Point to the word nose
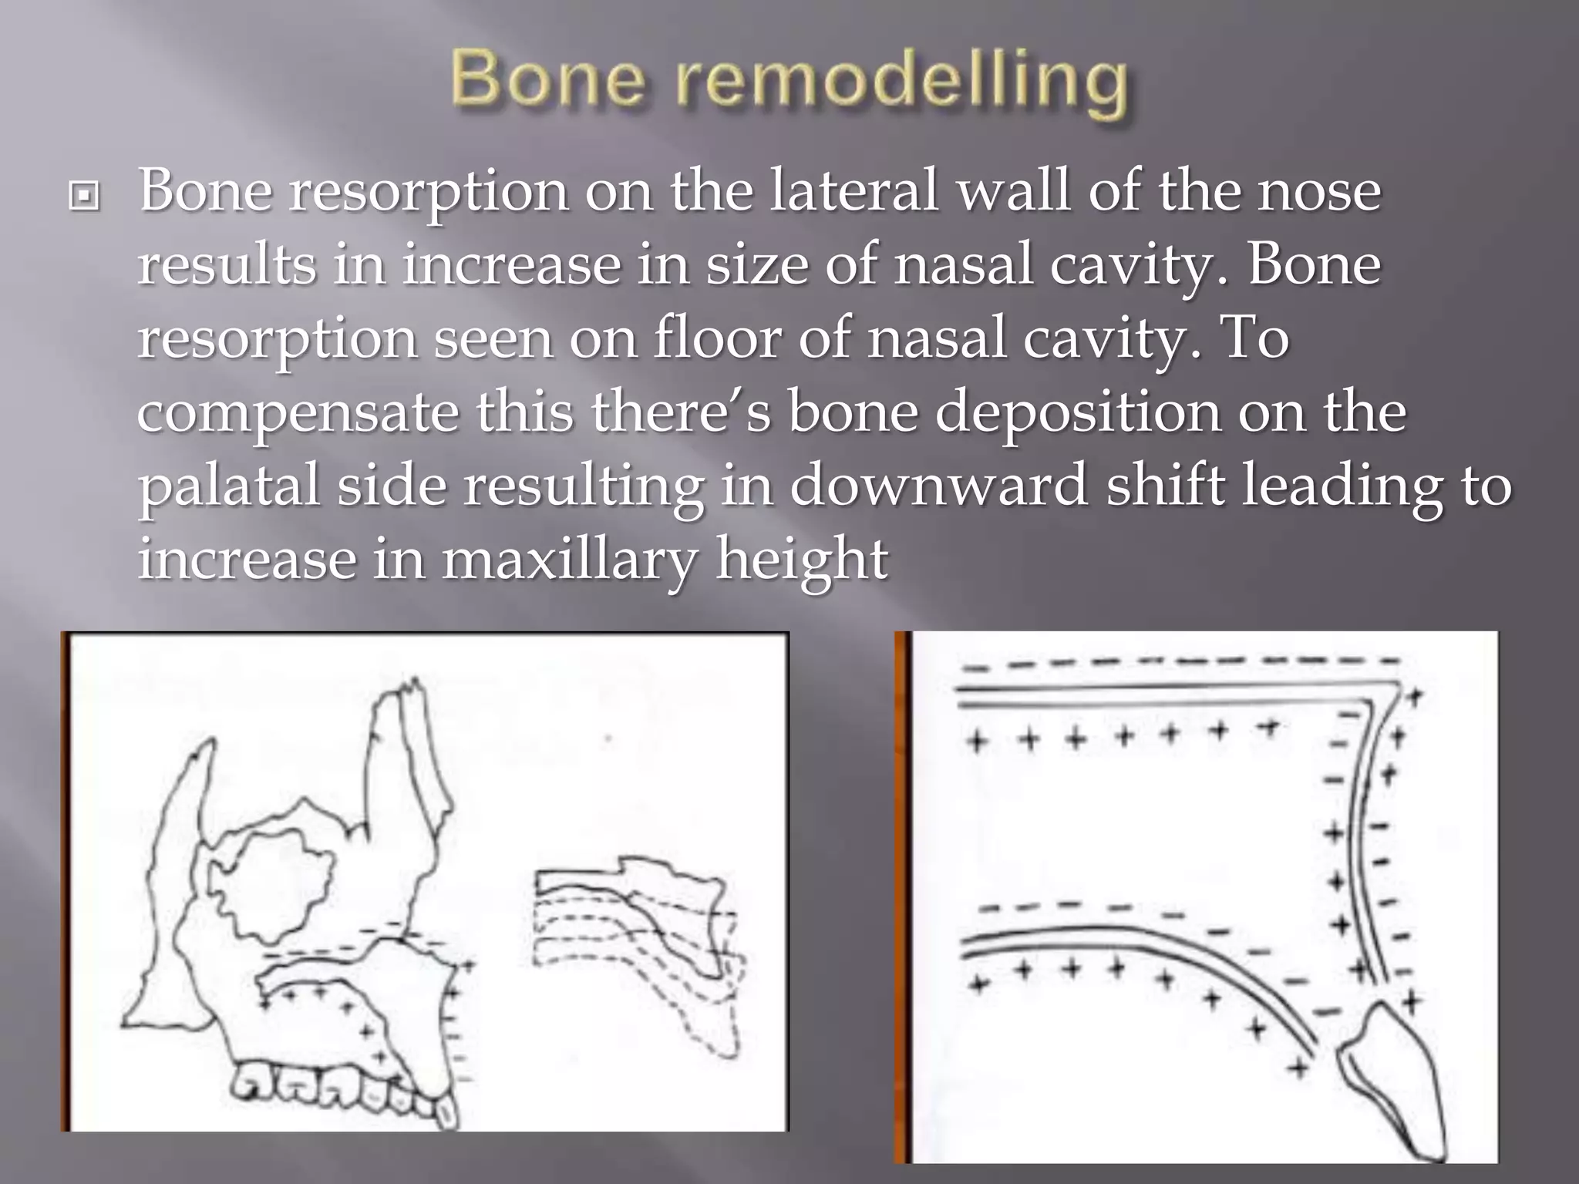[1318, 193]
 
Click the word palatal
[228, 486]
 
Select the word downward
[938, 485]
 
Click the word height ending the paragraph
[802, 559]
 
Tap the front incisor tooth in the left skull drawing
[446, 1110]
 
